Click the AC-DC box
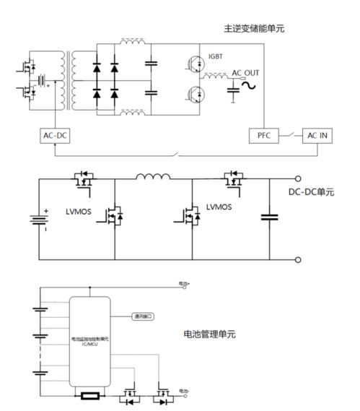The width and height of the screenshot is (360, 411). coord(54,135)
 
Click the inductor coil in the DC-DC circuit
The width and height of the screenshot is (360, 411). coord(153,178)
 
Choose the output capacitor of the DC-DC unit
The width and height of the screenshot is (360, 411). coord(270,217)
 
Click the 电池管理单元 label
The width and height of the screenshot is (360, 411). coord(210,334)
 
